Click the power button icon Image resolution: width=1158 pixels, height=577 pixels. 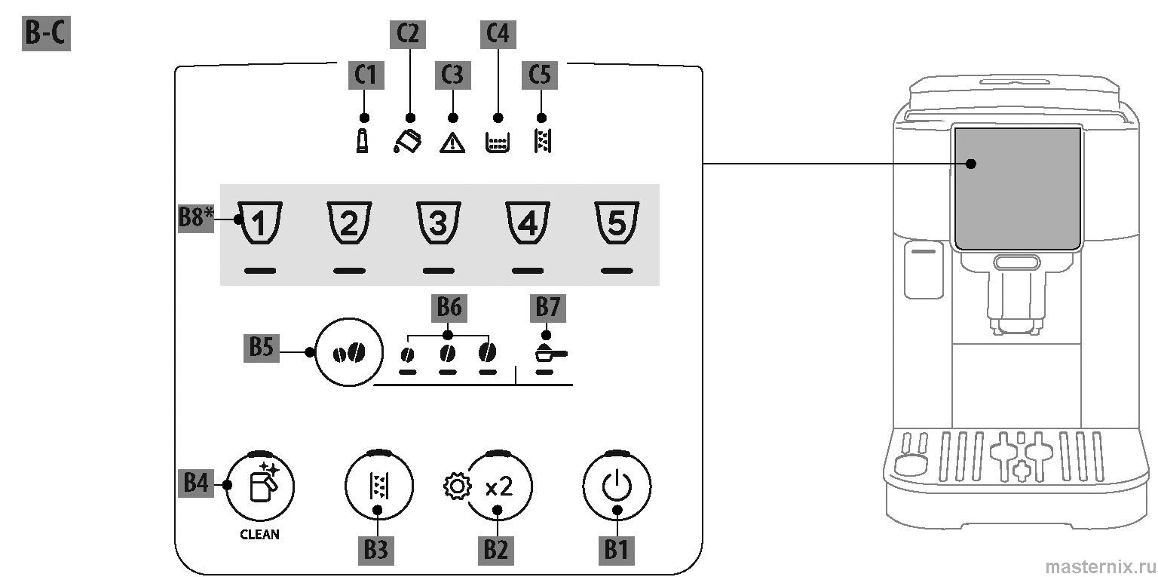click(617, 486)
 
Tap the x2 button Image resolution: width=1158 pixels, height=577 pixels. click(498, 487)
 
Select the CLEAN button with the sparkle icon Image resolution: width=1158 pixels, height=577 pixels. click(260, 487)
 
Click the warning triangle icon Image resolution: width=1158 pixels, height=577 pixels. click(452, 143)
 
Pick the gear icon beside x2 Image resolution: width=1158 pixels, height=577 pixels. click(455, 486)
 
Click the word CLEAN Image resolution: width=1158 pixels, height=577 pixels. click(259, 534)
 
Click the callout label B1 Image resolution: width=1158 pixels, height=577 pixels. click(617, 549)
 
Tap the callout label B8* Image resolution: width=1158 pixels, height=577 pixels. click(196, 219)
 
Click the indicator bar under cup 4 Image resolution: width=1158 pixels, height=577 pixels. click(528, 270)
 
